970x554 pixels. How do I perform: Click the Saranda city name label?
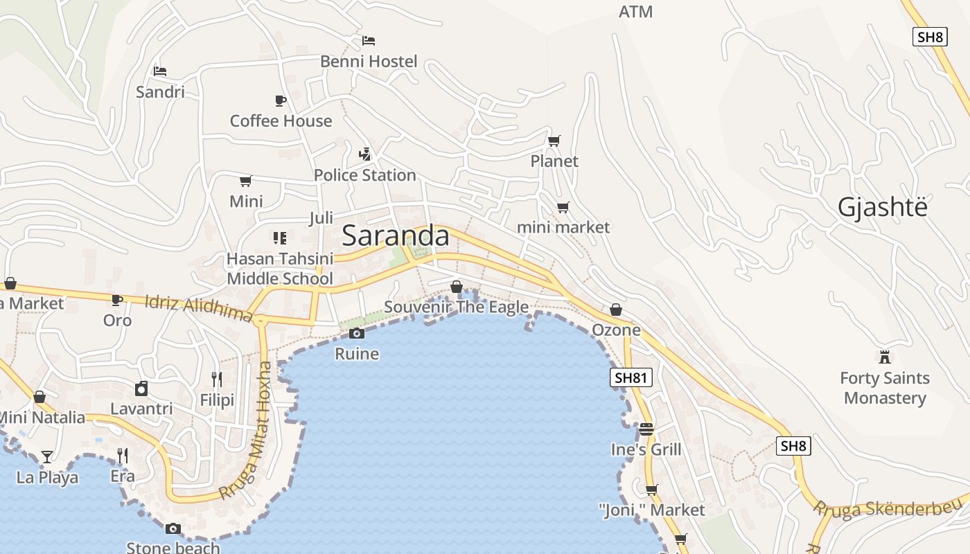pos(396,236)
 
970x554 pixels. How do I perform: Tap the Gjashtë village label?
pos(882,207)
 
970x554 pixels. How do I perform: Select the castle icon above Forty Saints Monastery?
pos(884,357)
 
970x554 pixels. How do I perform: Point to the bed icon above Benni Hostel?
pos(369,41)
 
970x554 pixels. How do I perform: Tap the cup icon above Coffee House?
pos(281,101)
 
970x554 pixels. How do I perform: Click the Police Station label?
pos(364,175)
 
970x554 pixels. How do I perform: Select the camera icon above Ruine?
pos(357,334)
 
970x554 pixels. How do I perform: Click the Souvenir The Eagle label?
pos(456,307)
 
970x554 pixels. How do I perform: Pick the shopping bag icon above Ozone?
pos(616,310)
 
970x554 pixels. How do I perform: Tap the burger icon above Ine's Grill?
pos(646,429)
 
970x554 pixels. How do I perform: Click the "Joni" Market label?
pos(651,510)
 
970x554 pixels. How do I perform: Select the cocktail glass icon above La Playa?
pos(46,456)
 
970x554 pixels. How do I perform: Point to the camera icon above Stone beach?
pos(173,529)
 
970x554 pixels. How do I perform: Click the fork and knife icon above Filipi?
pos(217,379)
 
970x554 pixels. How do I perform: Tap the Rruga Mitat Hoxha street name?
pos(247,431)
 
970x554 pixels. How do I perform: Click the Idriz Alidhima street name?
pos(199,308)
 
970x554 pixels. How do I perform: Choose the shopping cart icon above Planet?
pos(554,141)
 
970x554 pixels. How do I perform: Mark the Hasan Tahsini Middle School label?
pos(280,269)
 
